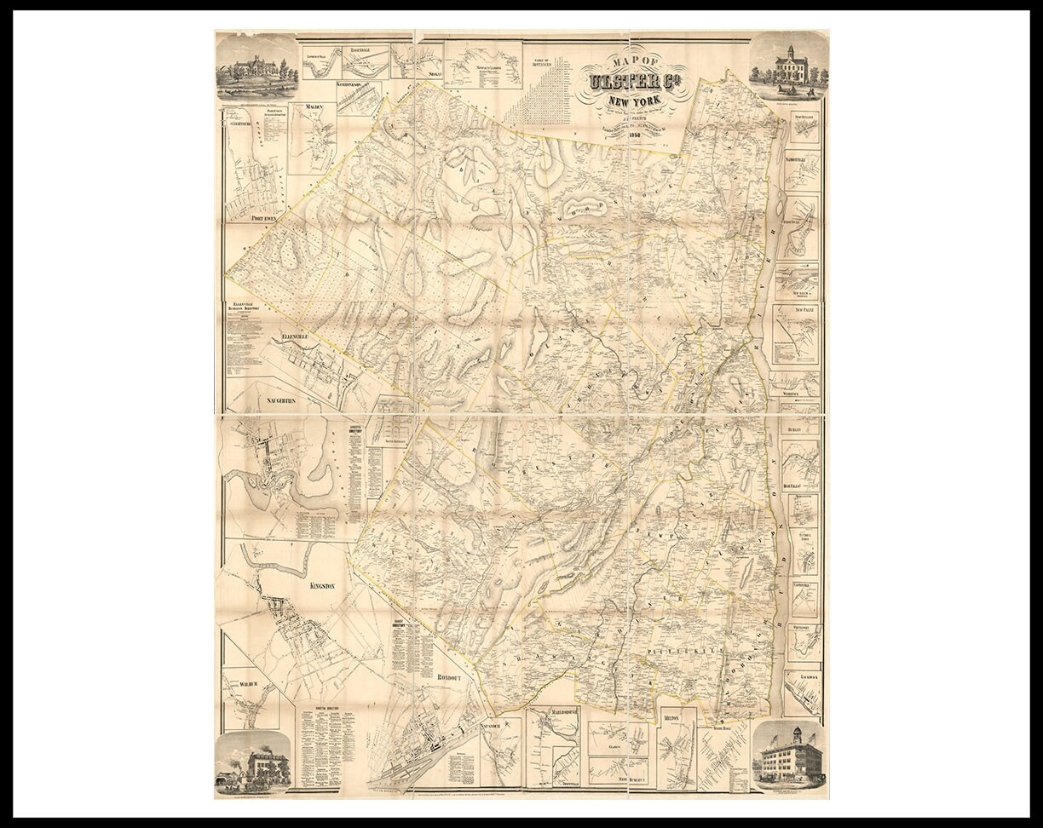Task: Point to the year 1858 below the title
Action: [633, 135]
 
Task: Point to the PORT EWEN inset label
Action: [266, 218]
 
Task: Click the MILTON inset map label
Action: [671, 719]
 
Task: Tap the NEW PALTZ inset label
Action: [803, 309]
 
